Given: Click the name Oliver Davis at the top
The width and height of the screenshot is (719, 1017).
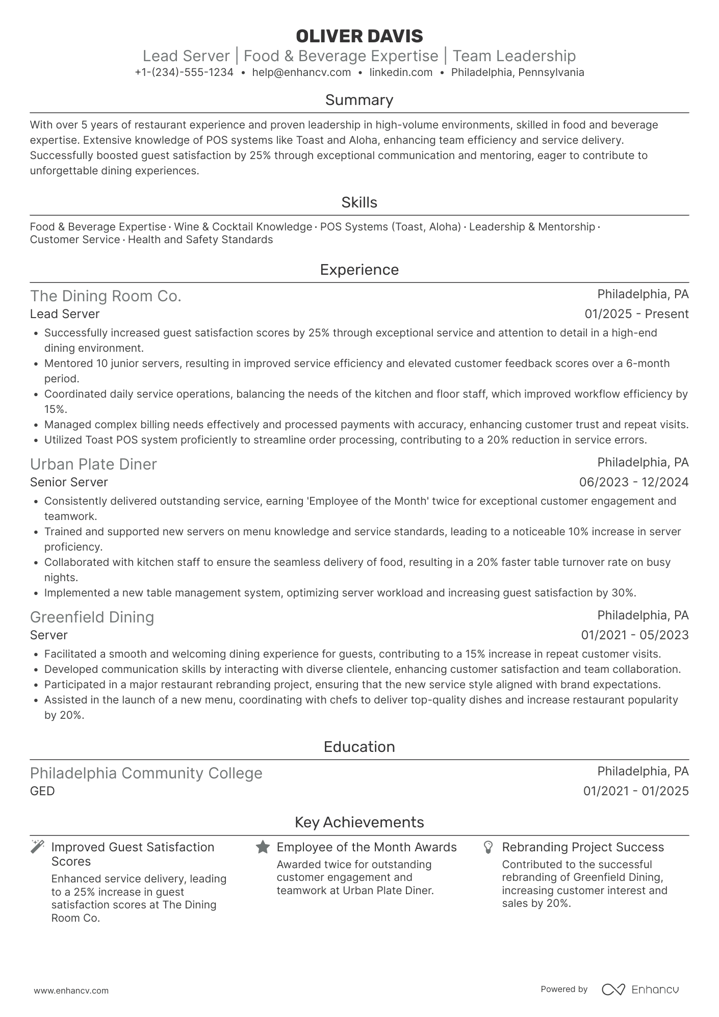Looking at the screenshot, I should (x=359, y=36).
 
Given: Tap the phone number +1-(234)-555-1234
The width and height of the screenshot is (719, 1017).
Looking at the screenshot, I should (x=184, y=72).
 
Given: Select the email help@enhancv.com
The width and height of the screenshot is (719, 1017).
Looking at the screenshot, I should (x=301, y=72).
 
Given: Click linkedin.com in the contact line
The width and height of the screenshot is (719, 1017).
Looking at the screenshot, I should (x=401, y=72).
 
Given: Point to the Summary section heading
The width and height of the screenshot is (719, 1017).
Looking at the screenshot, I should (x=359, y=100).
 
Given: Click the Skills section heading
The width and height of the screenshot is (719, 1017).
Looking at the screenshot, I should (x=359, y=202).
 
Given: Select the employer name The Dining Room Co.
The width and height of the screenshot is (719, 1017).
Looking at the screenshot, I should (x=106, y=296).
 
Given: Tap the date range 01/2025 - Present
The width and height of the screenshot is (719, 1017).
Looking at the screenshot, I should (x=636, y=314).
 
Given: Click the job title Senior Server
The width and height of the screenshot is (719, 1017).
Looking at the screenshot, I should (x=69, y=482).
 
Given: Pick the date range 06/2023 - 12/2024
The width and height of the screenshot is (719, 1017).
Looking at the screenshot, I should (x=634, y=482).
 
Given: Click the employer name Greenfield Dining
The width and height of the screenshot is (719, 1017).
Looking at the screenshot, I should (x=92, y=617).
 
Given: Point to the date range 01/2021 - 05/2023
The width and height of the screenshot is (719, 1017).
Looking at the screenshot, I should (x=635, y=635).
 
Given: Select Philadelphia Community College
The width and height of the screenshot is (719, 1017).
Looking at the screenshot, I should (x=146, y=773).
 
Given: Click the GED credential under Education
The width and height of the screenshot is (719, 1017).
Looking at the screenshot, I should (x=42, y=791).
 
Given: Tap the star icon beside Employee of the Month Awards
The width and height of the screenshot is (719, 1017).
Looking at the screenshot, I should (x=263, y=847).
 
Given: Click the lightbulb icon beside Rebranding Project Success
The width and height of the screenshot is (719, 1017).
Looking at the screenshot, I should (x=488, y=847).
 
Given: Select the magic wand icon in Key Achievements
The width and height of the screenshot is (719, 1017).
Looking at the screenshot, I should (x=37, y=847).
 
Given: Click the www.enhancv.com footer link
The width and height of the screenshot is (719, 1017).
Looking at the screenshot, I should (x=71, y=991).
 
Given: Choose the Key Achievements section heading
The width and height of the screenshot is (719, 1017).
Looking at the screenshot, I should (x=359, y=822).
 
